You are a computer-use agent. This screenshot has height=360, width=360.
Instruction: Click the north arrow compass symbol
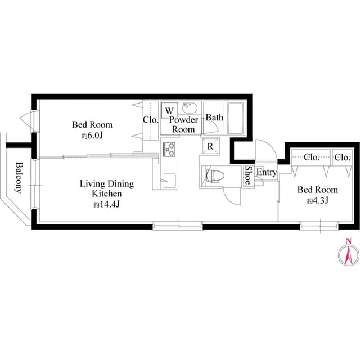point(348,254)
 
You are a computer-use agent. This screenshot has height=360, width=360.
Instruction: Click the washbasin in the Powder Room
point(189,109)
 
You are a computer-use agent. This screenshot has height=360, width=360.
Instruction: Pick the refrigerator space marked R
point(209,146)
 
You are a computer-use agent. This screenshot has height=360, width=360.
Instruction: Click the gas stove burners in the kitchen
point(169,149)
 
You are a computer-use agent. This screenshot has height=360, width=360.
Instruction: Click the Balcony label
point(19,177)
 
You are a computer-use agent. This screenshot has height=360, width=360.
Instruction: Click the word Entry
point(266,173)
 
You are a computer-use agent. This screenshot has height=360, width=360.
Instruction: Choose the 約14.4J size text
point(106,204)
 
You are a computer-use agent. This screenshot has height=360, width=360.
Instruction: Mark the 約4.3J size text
point(317,200)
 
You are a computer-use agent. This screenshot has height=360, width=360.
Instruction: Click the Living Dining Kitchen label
point(107,188)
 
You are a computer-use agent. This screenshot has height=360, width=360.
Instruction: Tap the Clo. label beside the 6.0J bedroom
point(150,119)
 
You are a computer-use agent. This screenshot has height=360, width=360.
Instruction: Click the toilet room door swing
point(232,196)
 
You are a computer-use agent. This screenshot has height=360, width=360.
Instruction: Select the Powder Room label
point(184,124)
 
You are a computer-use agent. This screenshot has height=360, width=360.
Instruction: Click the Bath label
point(214,118)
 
